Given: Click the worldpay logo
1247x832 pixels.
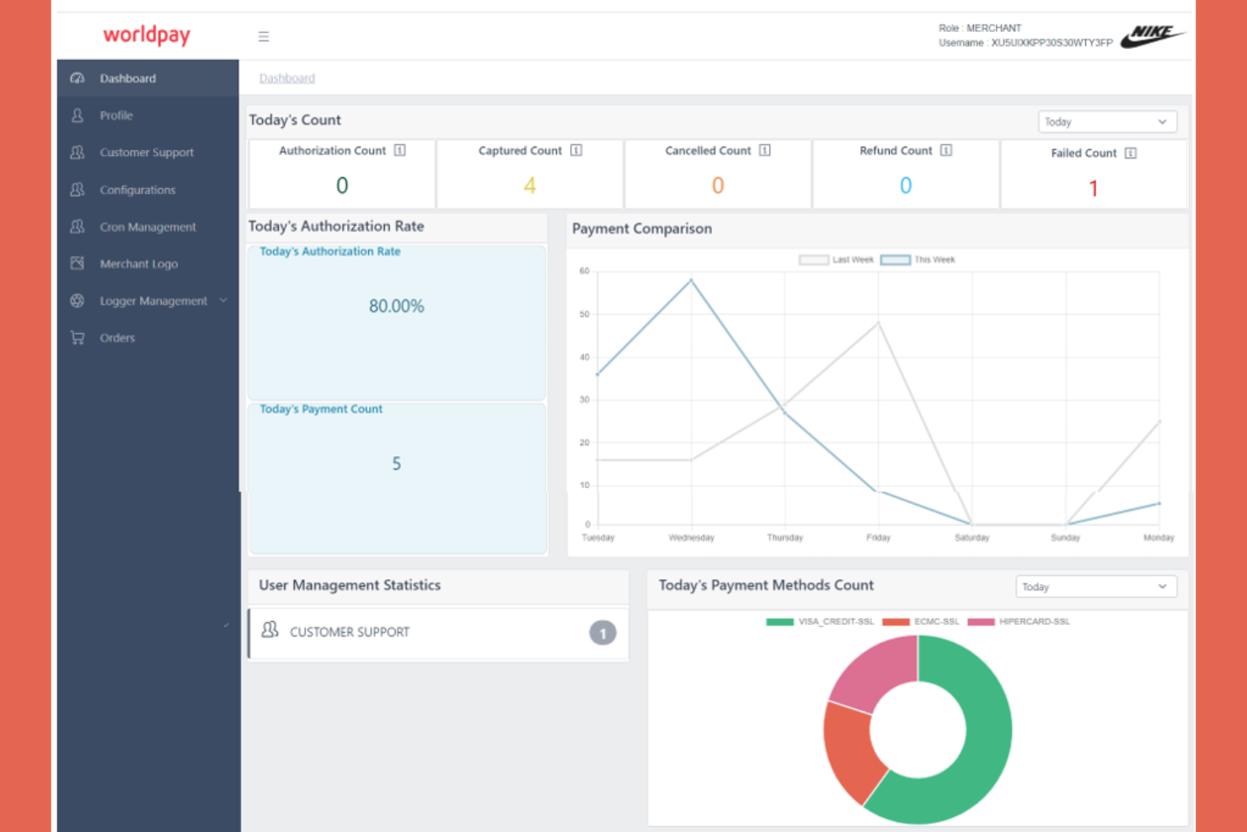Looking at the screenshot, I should point(147,35).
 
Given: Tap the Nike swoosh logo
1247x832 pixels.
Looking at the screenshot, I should point(1152,35).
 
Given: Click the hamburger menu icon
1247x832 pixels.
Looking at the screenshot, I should point(264,36).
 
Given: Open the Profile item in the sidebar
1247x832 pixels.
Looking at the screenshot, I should point(116,115).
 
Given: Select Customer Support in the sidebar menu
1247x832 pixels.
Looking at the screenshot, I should point(147,153).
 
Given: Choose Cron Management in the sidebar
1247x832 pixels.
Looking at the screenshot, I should point(147,227).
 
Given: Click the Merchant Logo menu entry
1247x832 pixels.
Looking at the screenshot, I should point(138,264).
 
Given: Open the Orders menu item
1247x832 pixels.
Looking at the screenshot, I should point(117,338).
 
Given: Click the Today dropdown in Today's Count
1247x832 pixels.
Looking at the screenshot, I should point(1106,122).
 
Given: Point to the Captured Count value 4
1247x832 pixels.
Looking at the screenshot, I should point(529,185).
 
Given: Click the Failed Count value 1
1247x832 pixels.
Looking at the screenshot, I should point(1093,189).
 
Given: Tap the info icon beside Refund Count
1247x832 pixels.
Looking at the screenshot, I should point(946,151).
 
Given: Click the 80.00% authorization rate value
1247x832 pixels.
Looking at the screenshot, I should point(396,306).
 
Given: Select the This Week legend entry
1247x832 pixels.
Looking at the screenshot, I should point(918,260).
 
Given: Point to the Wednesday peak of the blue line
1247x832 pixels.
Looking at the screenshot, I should point(692,280).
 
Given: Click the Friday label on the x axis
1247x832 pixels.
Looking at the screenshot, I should point(878,538).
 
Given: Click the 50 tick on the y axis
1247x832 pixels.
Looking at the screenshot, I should point(585,314).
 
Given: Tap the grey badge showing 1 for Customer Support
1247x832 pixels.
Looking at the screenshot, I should point(602,633).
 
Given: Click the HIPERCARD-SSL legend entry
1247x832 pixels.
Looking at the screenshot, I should point(1020,622).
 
